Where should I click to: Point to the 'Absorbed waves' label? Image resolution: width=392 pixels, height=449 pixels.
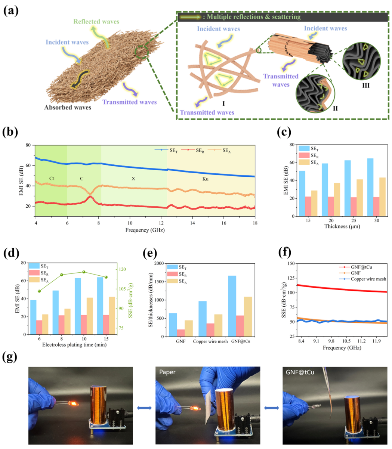tap(67, 108)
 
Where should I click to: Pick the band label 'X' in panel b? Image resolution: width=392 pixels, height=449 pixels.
tap(133, 179)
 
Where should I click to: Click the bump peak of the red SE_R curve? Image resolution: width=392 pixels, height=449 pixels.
tap(90, 197)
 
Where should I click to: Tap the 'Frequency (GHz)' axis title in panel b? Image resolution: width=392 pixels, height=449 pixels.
tap(145, 230)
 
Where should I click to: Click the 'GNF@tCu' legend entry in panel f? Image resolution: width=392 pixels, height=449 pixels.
tap(362, 267)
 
